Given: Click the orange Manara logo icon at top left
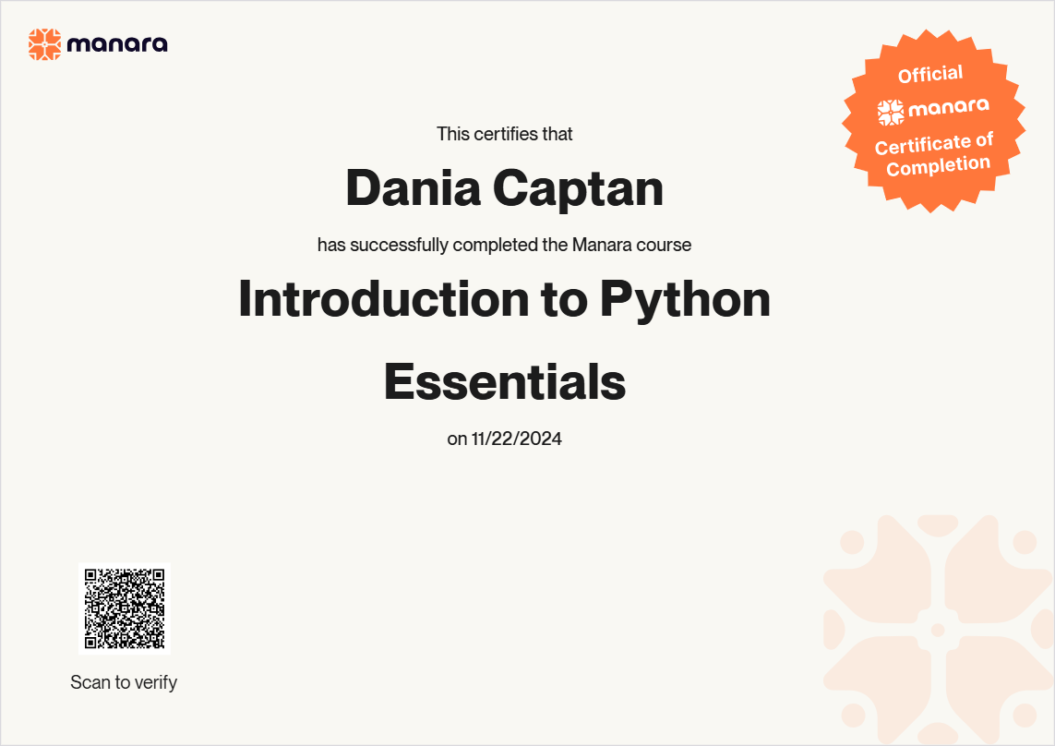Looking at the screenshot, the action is point(44,44).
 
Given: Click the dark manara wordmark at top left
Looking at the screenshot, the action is point(117,44).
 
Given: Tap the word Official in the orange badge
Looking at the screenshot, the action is point(930,74).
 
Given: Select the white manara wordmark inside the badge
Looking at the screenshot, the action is point(949,107).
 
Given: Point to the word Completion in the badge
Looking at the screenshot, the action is point(939,165).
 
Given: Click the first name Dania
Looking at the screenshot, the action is point(414,187).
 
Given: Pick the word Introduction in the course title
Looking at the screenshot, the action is point(384,298).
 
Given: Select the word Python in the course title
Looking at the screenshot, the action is point(685,300).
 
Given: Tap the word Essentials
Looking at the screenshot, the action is point(505,381).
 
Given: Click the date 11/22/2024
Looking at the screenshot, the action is point(517,439).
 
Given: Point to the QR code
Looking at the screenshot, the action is point(125,608).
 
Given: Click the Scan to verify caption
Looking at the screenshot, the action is point(124,682).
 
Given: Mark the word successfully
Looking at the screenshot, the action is point(399,245).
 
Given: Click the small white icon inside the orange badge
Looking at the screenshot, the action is point(891,113).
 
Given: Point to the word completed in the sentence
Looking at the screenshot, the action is point(496,245).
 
